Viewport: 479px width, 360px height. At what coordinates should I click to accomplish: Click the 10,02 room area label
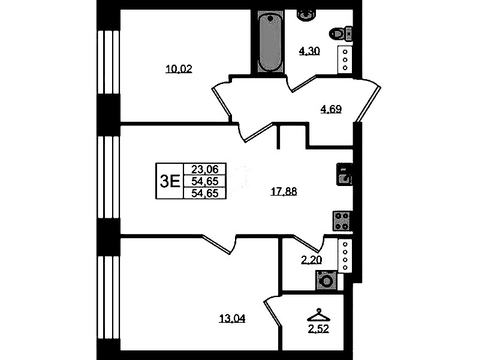coord(179,69)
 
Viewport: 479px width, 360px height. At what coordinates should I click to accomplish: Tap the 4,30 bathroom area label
coord(309,51)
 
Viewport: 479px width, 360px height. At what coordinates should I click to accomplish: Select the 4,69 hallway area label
coord(331,109)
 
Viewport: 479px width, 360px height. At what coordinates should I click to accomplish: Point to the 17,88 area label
coord(284,191)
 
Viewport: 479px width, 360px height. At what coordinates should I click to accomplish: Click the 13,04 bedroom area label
coord(232,319)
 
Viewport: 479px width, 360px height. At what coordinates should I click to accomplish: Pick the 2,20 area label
coord(312,260)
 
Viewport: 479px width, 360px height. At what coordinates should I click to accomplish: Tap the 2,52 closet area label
coord(318,329)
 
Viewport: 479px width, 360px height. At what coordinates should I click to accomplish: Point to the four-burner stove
coord(342,221)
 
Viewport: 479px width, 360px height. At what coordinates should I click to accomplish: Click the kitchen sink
coord(344,175)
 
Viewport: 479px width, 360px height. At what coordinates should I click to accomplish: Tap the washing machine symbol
coord(326,280)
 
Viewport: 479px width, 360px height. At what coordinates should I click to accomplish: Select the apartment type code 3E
coord(170,181)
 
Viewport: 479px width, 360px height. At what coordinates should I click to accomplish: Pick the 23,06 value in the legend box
coord(204,169)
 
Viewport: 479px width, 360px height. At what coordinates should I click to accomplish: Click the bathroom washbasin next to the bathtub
coord(306,14)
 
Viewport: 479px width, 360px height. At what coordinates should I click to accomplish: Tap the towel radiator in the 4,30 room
coord(345,60)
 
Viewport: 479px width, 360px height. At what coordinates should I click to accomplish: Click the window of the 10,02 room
coord(108,62)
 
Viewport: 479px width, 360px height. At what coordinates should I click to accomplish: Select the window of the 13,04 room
coord(108,298)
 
